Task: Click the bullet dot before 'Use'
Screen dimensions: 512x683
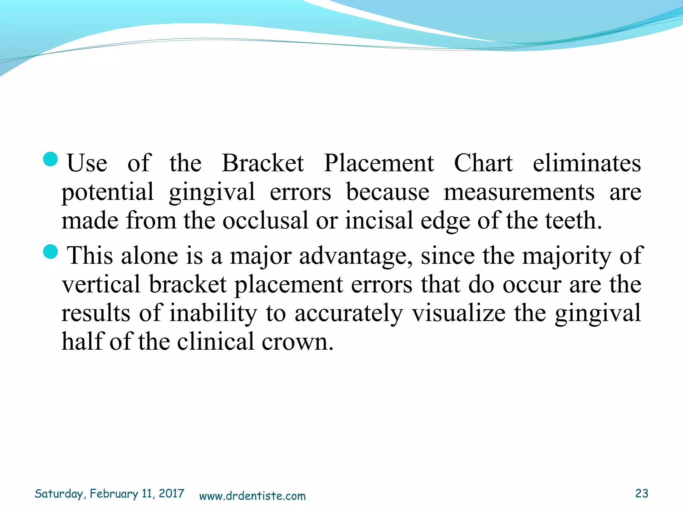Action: pyautogui.click(x=51, y=159)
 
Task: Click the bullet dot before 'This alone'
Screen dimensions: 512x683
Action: pyautogui.click(x=51, y=251)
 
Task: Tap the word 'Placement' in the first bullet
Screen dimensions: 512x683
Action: pyautogui.click(x=379, y=163)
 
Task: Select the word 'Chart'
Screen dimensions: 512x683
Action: pyautogui.click(x=483, y=163)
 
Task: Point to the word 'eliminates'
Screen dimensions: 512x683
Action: pyautogui.click(x=587, y=163)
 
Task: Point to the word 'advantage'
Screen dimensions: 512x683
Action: pyautogui.click(x=355, y=256)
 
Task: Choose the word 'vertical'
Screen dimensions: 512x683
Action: pyautogui.click(x=101, y=285)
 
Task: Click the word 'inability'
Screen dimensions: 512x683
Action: pyautogui.click(x=213, y=313)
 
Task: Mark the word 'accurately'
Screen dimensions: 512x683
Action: pyautogui.click(x=349, y=313)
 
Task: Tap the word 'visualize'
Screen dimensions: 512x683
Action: pyautogui.click(x=459, y=313)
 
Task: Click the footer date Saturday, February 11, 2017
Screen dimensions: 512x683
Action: pyautogui.click(x=109, y=494)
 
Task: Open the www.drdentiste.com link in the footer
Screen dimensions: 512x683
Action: pyautogui.click(x=252, y=496)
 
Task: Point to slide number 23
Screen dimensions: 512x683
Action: pyautogui.click(x=642, y=493)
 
